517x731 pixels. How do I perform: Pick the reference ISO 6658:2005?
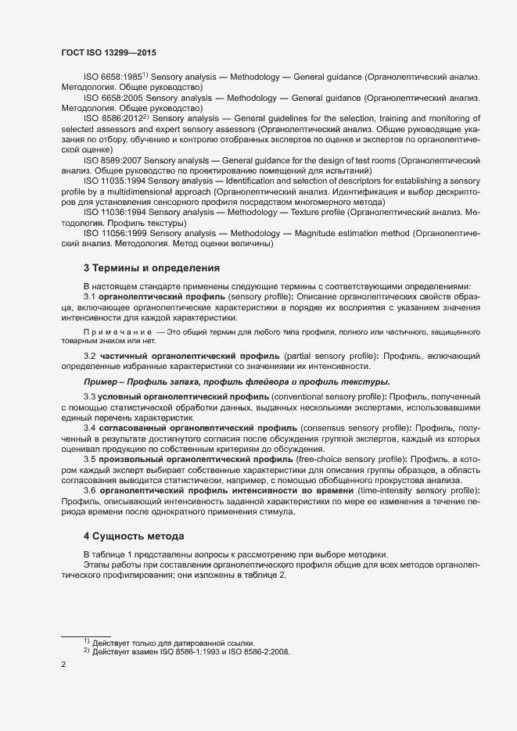[113, 98]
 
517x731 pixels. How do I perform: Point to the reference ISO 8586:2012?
[112, 117]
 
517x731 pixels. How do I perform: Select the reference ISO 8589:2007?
[113, 159]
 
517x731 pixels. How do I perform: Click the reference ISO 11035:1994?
[117, 180]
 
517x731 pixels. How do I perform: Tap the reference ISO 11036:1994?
[117, 211]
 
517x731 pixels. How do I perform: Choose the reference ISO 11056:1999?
[117, 232]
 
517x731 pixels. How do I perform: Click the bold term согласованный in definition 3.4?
[138, 428]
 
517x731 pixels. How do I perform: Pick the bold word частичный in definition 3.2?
[129, 356]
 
